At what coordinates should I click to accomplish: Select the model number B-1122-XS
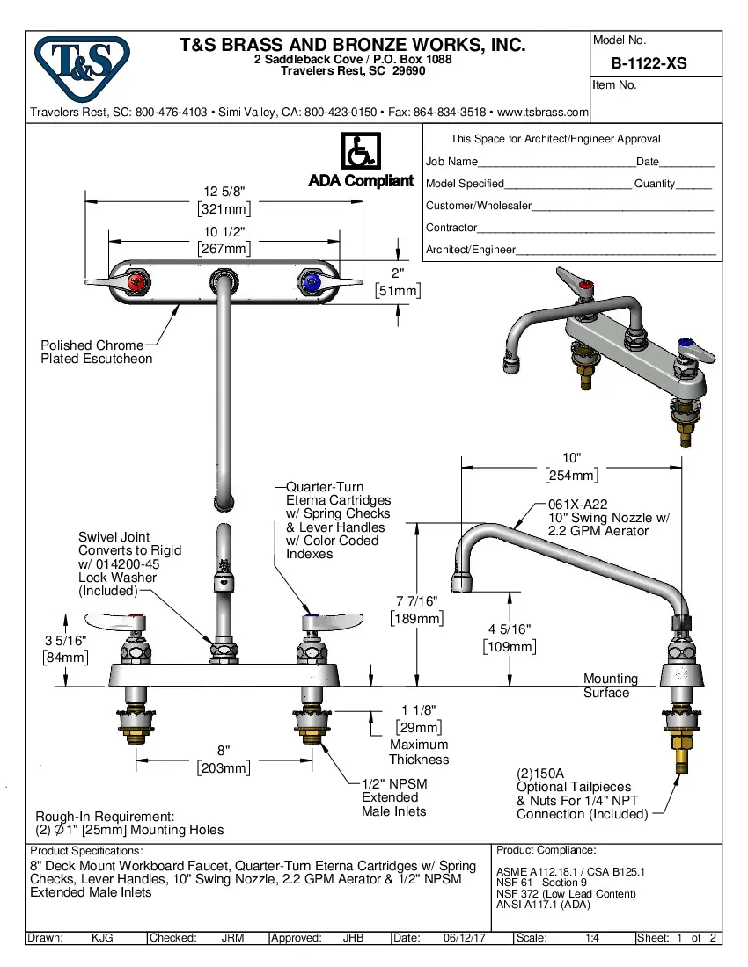point(649,63)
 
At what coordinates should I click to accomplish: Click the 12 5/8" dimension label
point(224,192)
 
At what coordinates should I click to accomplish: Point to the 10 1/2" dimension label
point(224,232)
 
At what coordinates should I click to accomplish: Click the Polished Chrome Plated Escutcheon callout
point(96,352)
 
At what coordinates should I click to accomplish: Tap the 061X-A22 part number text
point(577,503)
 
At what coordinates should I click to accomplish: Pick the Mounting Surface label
point(610,686)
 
